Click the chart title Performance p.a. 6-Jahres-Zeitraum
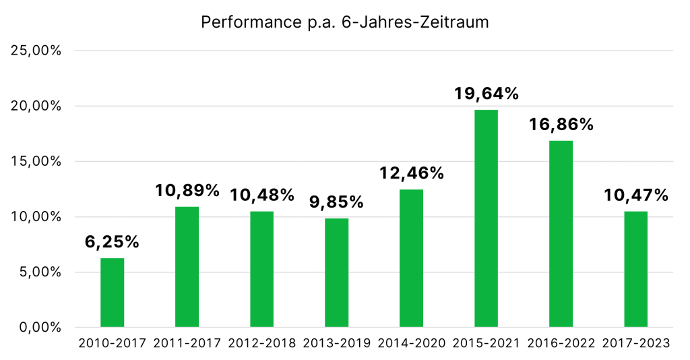coord(344,22)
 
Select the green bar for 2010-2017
coord(112,293)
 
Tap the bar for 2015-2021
coord(486,218)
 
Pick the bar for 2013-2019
coord(336,273)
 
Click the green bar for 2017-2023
coord(635,270)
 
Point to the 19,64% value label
coord(486,94)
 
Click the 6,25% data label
coord(112,242)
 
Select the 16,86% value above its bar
coord(561,125)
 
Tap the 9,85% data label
coord(336,202)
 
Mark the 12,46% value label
coord(411,173)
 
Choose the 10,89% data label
coord(187,191)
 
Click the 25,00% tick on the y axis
coord(38,51)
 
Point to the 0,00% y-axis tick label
coord(40,328)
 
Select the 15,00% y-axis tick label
coord(38,162)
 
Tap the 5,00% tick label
coord(40,272)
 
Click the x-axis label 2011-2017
coord(187,343)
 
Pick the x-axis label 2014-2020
coord(411,343)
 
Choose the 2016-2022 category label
coord(561,343)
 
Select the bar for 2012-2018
coord(261,269)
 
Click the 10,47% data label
coord(635,196)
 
